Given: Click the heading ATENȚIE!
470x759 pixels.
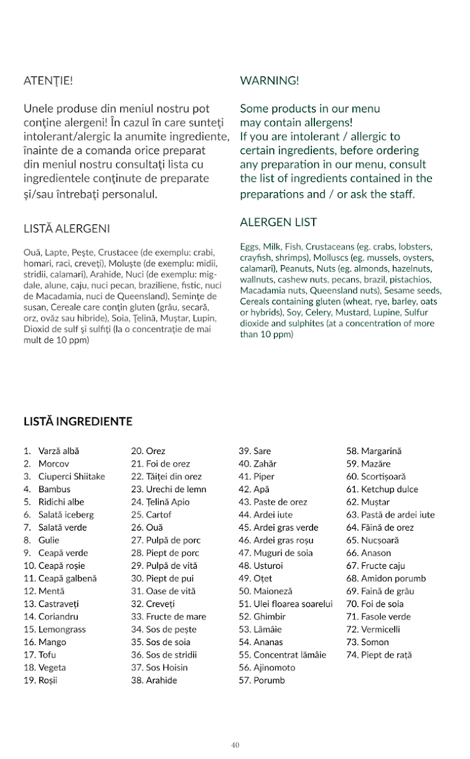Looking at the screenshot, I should tap(48, 81).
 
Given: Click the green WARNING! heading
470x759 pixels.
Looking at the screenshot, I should tap(269, 81).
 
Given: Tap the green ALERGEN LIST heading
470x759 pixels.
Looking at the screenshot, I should tap(278, 223).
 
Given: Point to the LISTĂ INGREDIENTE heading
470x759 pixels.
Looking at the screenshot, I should tap(78, 422).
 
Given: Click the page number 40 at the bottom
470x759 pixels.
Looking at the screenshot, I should tap(235, 745).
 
